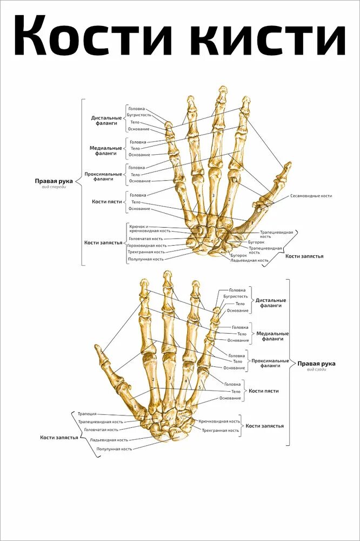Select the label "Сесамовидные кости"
[x=311, y=195]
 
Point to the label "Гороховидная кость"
[x=146, y=245]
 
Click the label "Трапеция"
[x=87, y=414]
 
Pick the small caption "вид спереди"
[x=54, y=187]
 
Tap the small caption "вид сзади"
[x=316, y=370]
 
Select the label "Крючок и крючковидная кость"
[x=150, y=228]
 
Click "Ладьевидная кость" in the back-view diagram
[x=109, y=440]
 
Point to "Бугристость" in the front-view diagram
[x=139, y=115]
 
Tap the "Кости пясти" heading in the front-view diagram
[x=106, y=201]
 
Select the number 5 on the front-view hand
[x=184, y=201]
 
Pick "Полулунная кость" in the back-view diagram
[x=114, y=449]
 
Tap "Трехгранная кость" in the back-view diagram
[x=221, y=431]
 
